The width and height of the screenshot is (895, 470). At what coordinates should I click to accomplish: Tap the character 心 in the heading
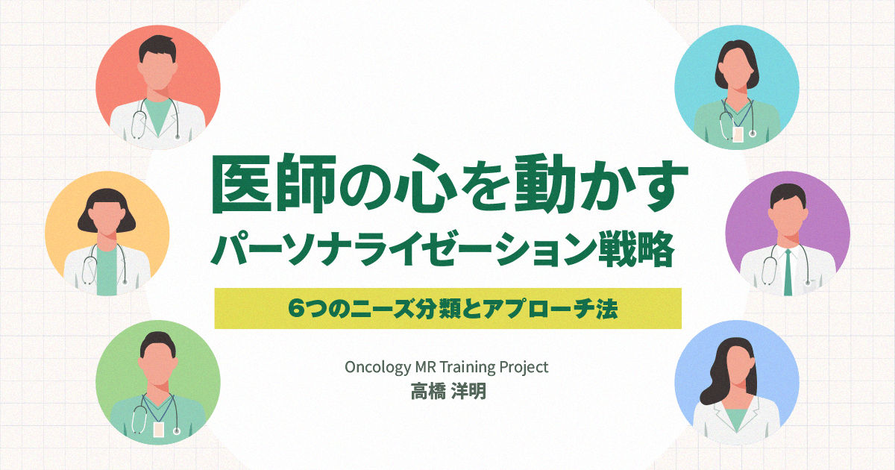tap(429, 184)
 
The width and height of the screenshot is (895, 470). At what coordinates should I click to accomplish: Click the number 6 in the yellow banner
tap(296, 309)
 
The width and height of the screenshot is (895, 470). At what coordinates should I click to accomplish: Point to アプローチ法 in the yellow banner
tap(550, 309)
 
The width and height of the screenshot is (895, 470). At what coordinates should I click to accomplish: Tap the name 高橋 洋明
tap(448, 391)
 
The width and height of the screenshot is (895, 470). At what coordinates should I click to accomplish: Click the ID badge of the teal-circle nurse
tap(738, 134)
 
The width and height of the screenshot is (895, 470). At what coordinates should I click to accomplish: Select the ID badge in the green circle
tap(158, 429)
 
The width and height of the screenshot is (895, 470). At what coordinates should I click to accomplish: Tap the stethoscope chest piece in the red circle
tap(178, 137)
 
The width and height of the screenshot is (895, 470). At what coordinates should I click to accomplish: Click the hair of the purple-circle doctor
tap(788, 195)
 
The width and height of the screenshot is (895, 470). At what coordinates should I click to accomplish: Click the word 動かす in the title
tap(600, 184)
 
